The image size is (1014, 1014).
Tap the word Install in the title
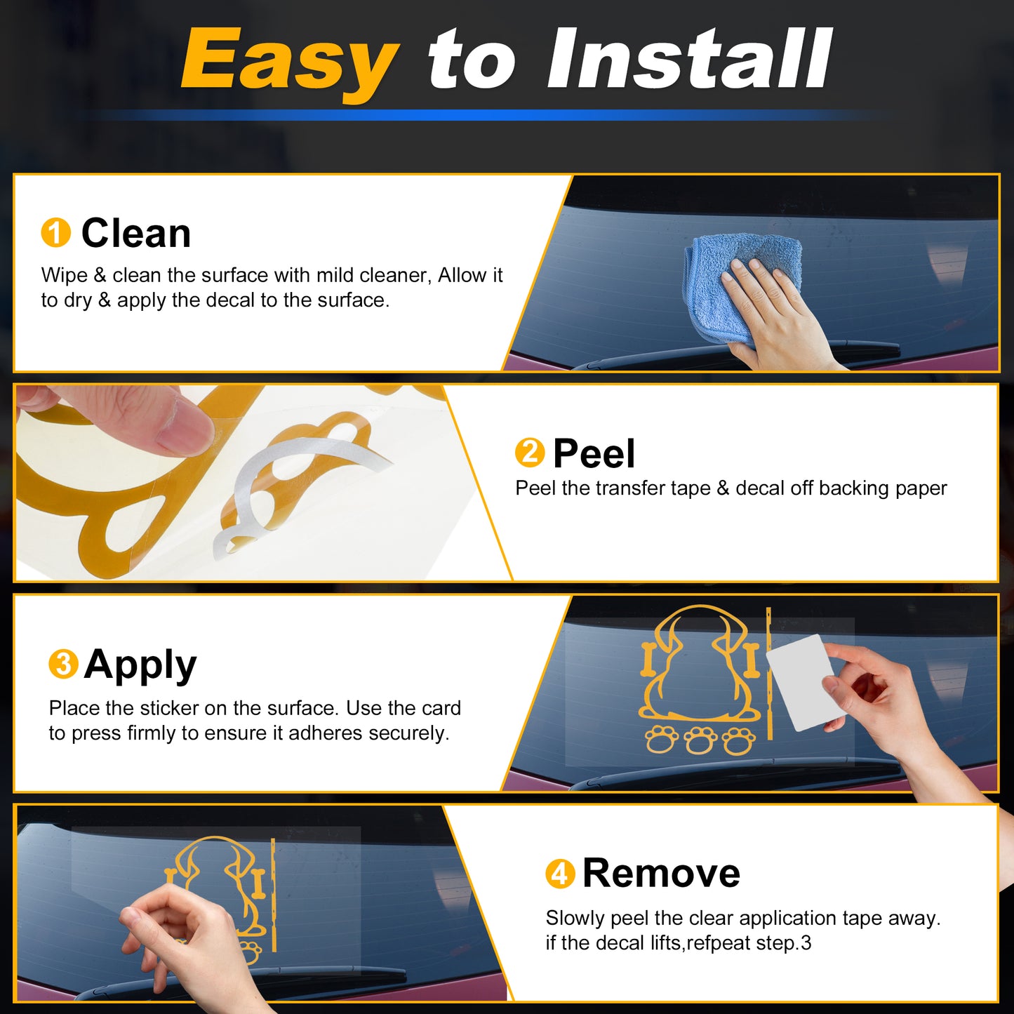click(689, 59)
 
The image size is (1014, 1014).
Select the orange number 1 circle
click(55, 232)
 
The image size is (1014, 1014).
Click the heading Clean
click(135, 232)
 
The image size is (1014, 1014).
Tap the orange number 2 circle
click(530, 452)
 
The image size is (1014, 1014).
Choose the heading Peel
click(594, 453)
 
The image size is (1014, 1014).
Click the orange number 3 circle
click(64, 664)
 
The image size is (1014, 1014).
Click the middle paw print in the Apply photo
click(701, 740)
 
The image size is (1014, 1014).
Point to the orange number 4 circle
click(560, 874)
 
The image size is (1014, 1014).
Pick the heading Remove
click(662, 873)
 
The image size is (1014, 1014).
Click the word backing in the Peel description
click(849, 489)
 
